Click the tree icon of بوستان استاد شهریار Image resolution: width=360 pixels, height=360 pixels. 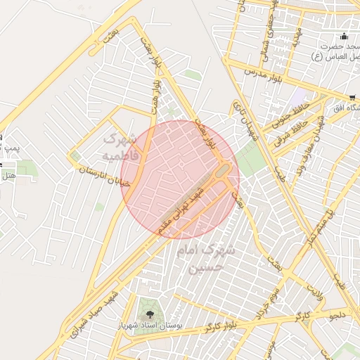click(x=148, y=309)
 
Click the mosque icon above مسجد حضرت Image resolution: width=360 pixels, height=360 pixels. click(x=343, y=37)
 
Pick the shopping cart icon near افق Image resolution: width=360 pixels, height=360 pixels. click(x=352, y=98)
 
